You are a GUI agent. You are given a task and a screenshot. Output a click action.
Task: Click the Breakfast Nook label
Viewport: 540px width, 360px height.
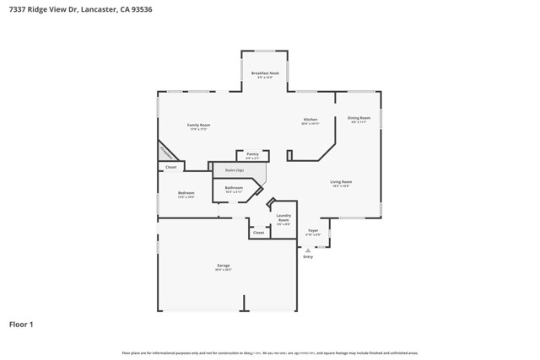pos(265,73)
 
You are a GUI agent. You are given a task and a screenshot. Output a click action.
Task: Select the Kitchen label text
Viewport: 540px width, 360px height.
pos(310,120)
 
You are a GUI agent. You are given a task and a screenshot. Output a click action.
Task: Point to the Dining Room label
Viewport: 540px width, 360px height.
pos(359,118)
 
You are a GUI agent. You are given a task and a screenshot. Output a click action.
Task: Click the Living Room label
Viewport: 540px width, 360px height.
pos(341,182)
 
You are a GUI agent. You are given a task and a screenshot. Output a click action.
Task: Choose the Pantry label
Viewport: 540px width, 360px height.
pos(252,154)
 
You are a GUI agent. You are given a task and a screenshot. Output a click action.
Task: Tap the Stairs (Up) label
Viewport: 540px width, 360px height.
pos(234,170)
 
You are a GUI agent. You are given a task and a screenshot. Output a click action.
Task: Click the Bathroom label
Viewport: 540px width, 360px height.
pos(234,188)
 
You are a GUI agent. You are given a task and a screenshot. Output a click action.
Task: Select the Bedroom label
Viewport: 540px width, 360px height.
pos(186,193)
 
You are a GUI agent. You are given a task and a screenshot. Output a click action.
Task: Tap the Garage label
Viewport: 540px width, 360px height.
pos(223,266)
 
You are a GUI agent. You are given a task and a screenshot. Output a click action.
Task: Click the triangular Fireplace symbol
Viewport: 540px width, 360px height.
pos(165,153)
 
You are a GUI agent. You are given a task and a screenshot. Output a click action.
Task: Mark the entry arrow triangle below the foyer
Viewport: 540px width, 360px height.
pos(308,250)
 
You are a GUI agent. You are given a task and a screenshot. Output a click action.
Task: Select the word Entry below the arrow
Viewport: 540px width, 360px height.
pos(308,256)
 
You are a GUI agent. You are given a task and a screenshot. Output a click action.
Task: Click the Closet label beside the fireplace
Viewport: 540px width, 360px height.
pos(170,167)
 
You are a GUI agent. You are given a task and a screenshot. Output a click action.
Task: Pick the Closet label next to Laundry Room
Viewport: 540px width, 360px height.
pos(258,232)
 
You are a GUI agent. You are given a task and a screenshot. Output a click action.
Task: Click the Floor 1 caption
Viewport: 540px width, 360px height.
pos(21,324)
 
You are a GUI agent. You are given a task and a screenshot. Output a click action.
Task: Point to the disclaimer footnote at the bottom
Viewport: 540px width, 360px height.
pos(270,352)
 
